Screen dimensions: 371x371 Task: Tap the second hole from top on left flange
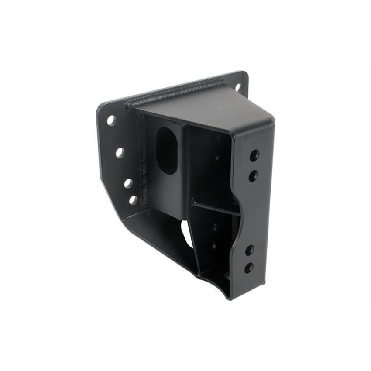pyautogui.click(x=120, y=152)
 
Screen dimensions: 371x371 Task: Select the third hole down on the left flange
pyautogui.click(x=128, y=183)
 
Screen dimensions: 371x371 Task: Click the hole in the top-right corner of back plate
pyautogui.click(x=238, y=87)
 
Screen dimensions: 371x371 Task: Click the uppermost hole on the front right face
pyautogui.click(x=254, y=155)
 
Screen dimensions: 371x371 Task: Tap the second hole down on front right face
pyautogui.click(x=253, y=175)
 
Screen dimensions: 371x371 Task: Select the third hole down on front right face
pyautogui.click(x=249, y=251)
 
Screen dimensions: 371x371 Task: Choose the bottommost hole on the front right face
pyautogui.click(x=248, y=268)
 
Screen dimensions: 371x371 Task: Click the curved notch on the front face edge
pyautogui.click(x=237, y=205)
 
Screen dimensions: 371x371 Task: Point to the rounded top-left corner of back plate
pyautogui.click(x=101, y=106)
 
